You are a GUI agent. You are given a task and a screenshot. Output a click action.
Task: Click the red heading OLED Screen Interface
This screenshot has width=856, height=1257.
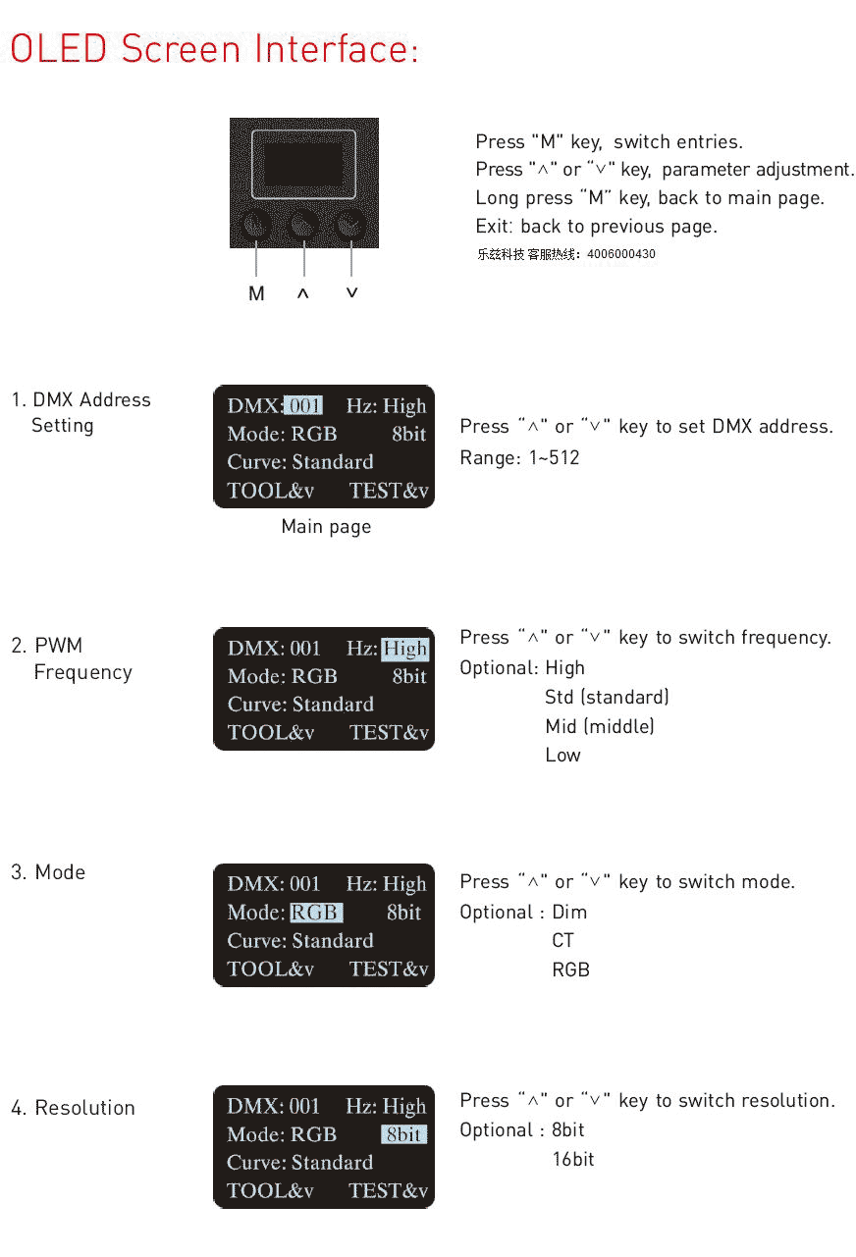(x=214, y=48)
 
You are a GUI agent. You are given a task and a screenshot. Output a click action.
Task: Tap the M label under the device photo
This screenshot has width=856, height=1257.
(x=256, y=293)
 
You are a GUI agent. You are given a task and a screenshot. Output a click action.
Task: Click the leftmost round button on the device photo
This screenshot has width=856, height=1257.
(x=256, y=225)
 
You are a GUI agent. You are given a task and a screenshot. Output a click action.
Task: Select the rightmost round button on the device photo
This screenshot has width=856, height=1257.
(x=350, y=225)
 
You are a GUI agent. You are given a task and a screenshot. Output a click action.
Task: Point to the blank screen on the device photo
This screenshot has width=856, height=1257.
(x=303, y=164)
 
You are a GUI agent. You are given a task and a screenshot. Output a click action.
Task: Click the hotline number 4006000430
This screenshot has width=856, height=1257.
(x=621, y=254)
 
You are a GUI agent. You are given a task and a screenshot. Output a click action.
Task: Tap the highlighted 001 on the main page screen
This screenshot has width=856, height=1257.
(x=303, y=405)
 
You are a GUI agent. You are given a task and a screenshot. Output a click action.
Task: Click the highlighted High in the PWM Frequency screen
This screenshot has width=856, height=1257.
(x=404, y=649)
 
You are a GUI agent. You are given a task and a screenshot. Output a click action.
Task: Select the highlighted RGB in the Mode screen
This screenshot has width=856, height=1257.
(x=316, y=913)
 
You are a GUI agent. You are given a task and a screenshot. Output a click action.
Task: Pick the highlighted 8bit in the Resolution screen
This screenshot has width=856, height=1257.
(x=404, y=1134)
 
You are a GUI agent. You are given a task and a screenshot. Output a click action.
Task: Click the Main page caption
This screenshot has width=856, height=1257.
(x=326, y=527)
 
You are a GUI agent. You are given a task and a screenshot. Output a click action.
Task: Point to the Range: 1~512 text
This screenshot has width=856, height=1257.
(x=519, y=458)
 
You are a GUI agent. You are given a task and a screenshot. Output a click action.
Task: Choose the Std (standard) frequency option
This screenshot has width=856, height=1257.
(x=608, y=697)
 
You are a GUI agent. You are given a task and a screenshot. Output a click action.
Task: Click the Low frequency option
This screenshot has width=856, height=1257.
(x=563, y=755)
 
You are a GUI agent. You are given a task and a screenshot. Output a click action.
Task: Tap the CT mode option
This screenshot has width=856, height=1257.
(x=563, y=940)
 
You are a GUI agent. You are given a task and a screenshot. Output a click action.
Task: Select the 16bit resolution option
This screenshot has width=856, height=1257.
(x=573, y=1159)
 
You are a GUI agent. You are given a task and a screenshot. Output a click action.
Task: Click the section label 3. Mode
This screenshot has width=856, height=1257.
(x=48, y=872)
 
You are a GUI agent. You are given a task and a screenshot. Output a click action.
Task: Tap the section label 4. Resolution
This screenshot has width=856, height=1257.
(x=73, y=1108)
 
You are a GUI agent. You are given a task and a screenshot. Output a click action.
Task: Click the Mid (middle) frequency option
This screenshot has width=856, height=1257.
(x=600, y=726)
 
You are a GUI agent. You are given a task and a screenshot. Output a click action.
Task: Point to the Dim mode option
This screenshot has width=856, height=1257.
(x=569, y=912)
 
